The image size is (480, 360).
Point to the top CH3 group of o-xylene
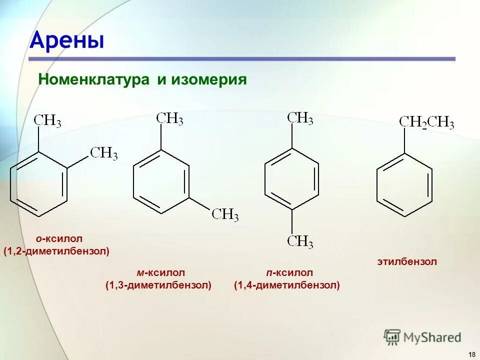pyautogui.click(x=47, y=121)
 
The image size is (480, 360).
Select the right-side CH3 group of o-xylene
pyautogui.click(x=104, y=153)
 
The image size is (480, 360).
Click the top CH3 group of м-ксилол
pyautogui.click(x=169, y=119)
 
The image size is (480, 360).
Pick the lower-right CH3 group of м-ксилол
pyautogui.click(x=225, y=215)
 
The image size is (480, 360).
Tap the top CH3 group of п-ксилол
pyautogui.click(x=300, y=118)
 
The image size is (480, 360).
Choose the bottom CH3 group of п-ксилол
pyautogui.click(x=300, y=242)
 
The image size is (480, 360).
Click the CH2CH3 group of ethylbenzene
pyautogui.click(x=426, y=123)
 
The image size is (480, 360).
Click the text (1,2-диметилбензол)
pyautogui.click(x=56, y=251)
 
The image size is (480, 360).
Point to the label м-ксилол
pyautogui.click(x=161, y=273)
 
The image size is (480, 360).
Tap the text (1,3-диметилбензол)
pyautogui.click(x=158, y=285)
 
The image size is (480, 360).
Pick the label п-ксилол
pyautogui.click(x=289, y=273)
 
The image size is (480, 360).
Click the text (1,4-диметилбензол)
pyautogui.click(x=287, y=285)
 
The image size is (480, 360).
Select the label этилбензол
pyautogui.click(x=406, y=261)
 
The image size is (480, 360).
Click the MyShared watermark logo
pyautogui.click(x=422, y=337)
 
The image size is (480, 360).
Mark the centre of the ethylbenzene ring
pyautogui.click(x=404, y=185)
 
